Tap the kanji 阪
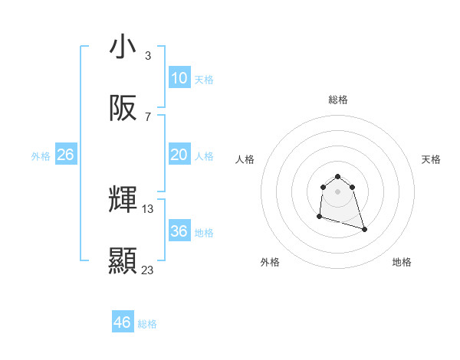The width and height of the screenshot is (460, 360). coord(123,109)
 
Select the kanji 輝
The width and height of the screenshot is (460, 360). coord(123,200)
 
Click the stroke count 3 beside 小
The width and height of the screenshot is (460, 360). coord(147,55)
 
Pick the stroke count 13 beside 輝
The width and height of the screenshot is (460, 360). coord(148,208)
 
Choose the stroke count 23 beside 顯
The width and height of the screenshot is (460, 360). coord(148,270)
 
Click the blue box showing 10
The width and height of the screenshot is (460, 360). coord(179,78)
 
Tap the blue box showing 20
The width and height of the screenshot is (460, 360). coord(179,155)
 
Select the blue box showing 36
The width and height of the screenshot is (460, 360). coord(179,231)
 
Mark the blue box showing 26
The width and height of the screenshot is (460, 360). coord(65,155)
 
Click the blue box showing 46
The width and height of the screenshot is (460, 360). coord(122,322)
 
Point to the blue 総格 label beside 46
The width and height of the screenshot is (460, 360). coord(147,324)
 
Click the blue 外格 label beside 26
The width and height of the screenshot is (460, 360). coord(41,156)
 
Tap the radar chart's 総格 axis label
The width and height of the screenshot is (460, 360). coord(338,100)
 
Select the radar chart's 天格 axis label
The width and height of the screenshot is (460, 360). coord(431,159)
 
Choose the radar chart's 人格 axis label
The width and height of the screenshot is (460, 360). coord(245,159)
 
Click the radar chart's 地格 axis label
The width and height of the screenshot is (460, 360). coord(402,262)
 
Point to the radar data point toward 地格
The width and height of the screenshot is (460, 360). coord(364,229)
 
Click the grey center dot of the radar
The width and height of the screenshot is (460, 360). coord(337,191)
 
